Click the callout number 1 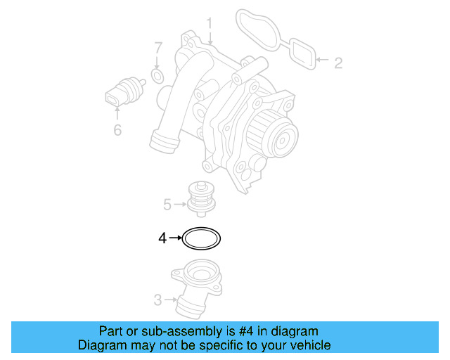(x=209, y=25)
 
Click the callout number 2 (x=337, y=63)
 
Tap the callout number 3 (x=157, y=301)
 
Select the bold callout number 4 (x=162, y=239)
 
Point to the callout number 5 (x=167, y=205)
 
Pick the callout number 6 (x=117, y=130)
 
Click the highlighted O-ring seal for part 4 (x=202, y=239)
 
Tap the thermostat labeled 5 (x=201, y=200)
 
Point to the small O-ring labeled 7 (x=158, y=75)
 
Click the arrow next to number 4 (x=174, y=239)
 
